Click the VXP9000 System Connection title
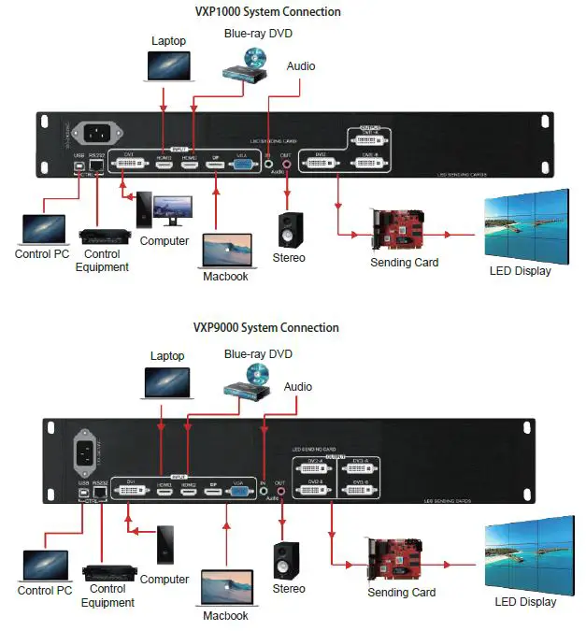tap(266, 328)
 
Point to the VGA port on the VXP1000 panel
tap(241, 168)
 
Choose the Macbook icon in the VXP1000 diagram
tap(228, 250)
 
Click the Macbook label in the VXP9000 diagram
tap(226, 616)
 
